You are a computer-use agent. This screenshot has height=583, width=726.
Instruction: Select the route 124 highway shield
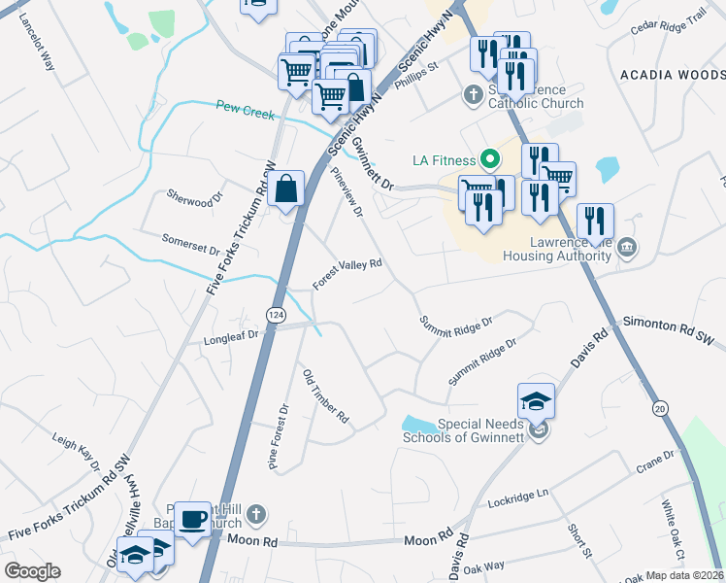(275, 313)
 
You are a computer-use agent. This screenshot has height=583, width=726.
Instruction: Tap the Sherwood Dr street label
(188, 200)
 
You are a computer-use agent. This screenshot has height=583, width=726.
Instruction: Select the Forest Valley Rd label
(347, 273)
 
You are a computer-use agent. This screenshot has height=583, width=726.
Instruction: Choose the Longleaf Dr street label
(234, 337)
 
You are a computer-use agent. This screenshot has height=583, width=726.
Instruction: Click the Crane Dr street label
(655, 459)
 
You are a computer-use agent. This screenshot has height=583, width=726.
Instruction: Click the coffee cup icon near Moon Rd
(193, 517)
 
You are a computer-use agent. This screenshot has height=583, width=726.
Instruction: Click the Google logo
(32, 571)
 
